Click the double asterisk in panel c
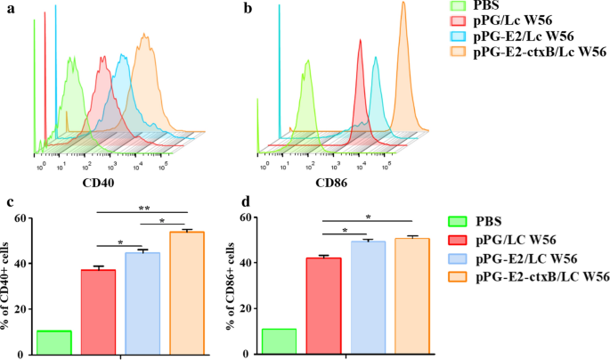click(142, 207)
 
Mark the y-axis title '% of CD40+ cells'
click(12, 284)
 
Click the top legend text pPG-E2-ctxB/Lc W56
click(538, 53)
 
